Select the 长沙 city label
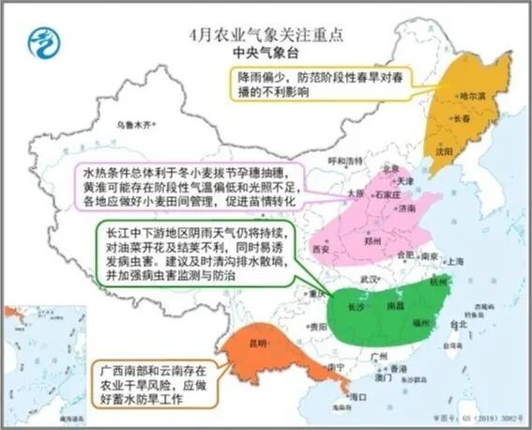357,307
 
